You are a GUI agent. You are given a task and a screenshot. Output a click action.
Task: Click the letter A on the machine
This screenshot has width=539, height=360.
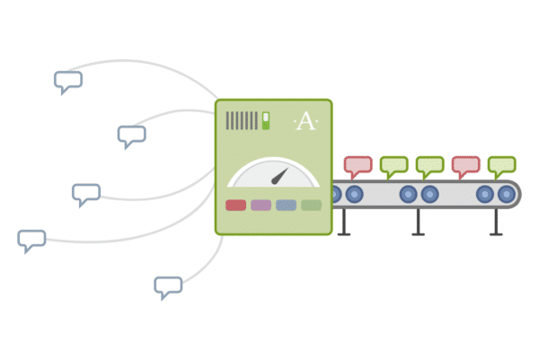pos(305,122)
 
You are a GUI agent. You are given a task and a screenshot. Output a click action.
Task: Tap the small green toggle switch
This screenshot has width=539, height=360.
pos(266,120)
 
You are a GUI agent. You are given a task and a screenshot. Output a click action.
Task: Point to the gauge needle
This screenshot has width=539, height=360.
pos(279,175)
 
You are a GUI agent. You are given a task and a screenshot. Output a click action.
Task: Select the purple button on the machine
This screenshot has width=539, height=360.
pos(261,205)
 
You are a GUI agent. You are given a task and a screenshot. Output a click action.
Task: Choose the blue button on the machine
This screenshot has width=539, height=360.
pos(286,205)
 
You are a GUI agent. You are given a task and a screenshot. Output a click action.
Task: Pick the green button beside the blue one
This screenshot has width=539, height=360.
pos(311,205)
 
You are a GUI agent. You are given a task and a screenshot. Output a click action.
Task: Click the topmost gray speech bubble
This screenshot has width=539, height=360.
pos(68,81)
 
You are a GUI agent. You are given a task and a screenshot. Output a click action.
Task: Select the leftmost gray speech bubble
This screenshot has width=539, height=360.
pos(31,239)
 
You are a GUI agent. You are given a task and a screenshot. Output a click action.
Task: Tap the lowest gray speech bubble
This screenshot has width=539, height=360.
pos(168,285)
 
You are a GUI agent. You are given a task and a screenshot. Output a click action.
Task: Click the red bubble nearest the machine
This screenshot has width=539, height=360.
pos(358,164)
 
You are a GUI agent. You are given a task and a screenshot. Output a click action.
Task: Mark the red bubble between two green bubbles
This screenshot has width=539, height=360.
pos(465,164)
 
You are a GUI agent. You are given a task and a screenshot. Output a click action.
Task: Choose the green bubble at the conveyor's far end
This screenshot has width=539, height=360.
pos(501,164)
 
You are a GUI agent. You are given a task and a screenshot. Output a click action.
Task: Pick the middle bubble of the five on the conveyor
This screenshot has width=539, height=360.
pos(429,164)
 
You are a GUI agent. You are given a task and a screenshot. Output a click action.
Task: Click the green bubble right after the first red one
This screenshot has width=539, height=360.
pos(393,164)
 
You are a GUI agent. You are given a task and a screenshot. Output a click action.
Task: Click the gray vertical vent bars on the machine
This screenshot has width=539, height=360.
pos(242,120)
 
